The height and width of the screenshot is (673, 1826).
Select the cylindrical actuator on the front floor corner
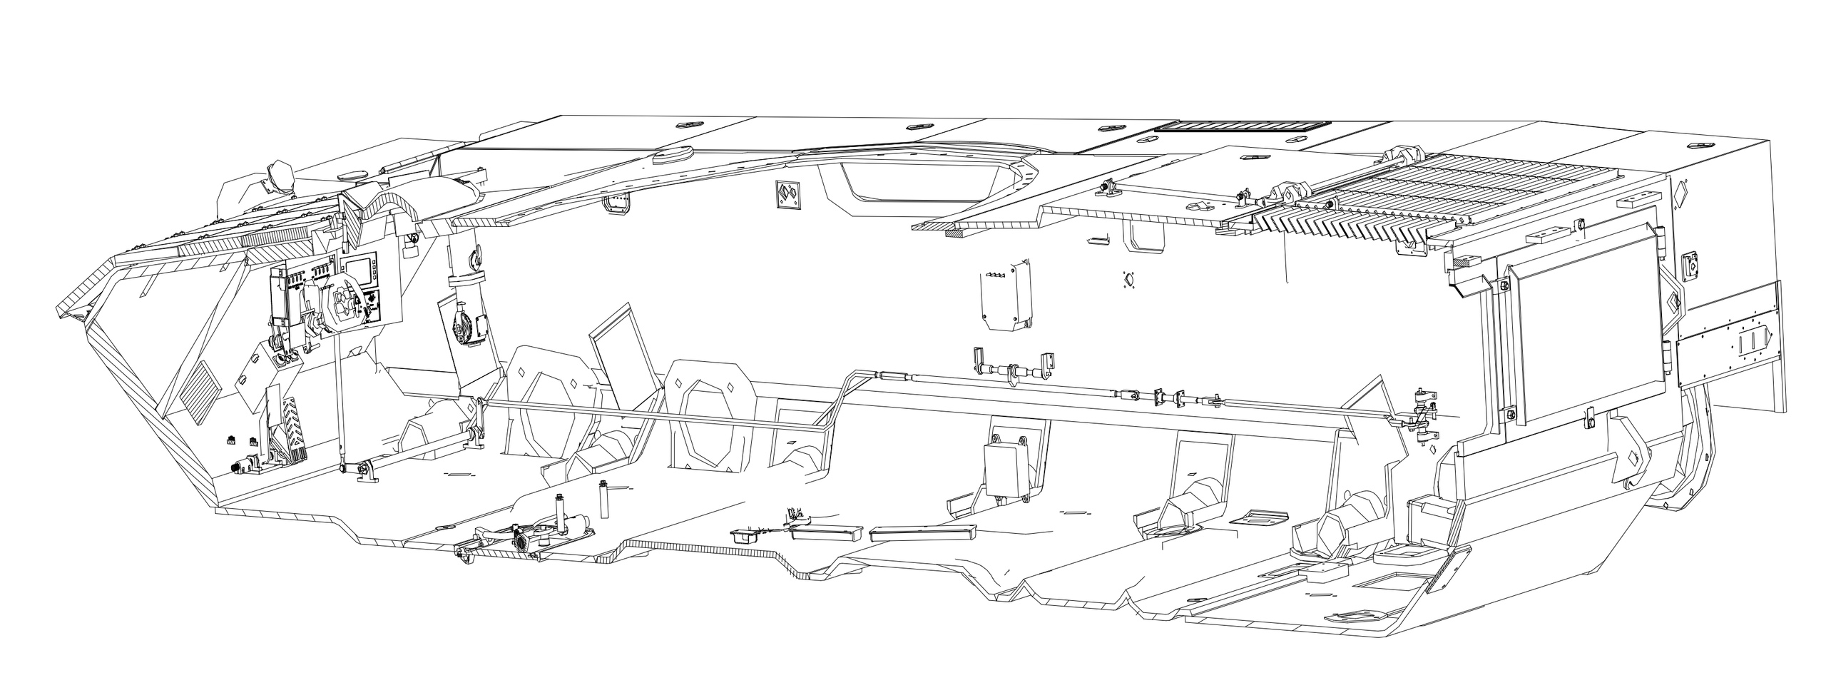click(246, 467)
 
